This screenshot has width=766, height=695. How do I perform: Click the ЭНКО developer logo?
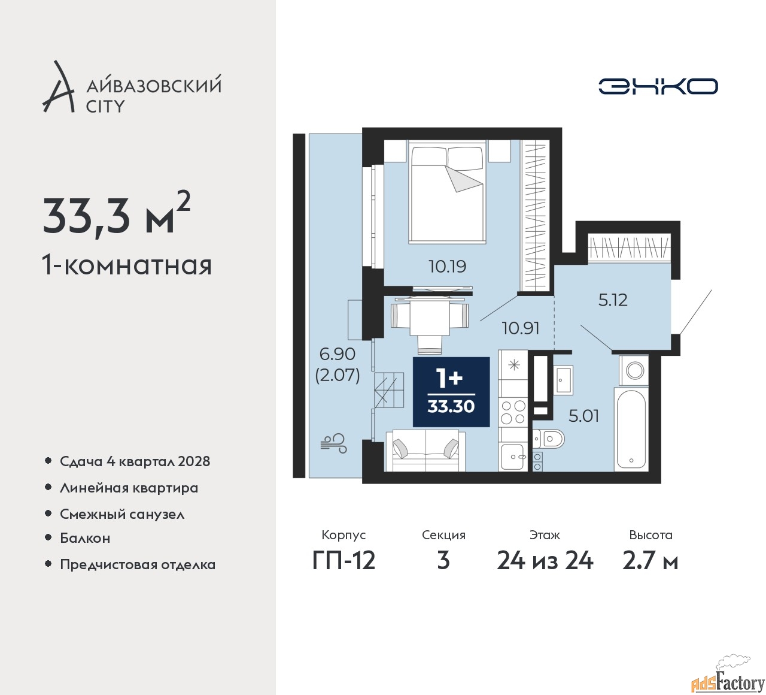click(658, 86)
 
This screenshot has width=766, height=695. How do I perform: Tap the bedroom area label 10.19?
click(447, 267)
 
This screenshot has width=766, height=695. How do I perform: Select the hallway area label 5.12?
click(612, 300)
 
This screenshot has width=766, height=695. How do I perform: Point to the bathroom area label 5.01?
click(584, 416)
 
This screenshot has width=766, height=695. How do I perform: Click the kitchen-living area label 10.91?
click(521, 328)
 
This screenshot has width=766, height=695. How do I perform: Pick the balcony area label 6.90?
click(337, 354)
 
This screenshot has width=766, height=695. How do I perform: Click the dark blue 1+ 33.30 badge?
click(451, 392)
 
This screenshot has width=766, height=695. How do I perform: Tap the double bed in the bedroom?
click(447, 192)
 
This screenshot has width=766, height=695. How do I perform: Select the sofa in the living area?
click(425, 451)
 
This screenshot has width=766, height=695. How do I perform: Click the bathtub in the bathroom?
click(631, 430)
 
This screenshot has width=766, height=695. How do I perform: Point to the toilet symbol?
click(548, 439)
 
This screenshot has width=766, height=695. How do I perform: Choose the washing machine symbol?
click(634, 370)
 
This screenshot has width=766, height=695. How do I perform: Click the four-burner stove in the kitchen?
click(513, 412)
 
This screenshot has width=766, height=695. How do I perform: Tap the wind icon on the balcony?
click(334, 443)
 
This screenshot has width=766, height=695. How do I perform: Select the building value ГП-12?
click(344, 561)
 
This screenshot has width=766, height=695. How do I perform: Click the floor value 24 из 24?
click(545, 561)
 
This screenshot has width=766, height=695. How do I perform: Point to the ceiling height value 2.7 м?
click(650, 561)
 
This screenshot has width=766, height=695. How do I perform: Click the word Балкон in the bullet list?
click(85, 538)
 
